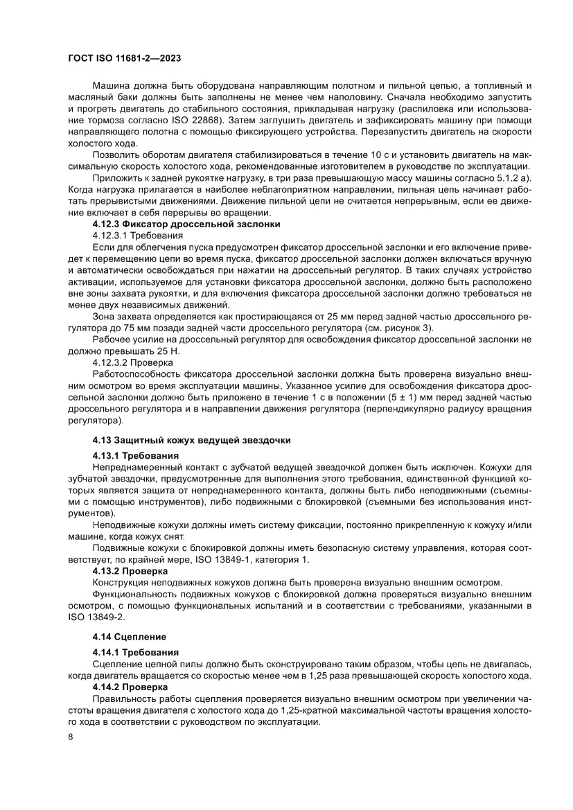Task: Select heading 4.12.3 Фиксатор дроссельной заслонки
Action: click(x=186, y=224)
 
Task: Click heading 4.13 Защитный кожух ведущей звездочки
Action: click(x=192, y=440)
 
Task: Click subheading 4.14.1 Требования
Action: click(x=136, y=652)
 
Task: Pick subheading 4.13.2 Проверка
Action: click(x=130, y=571)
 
